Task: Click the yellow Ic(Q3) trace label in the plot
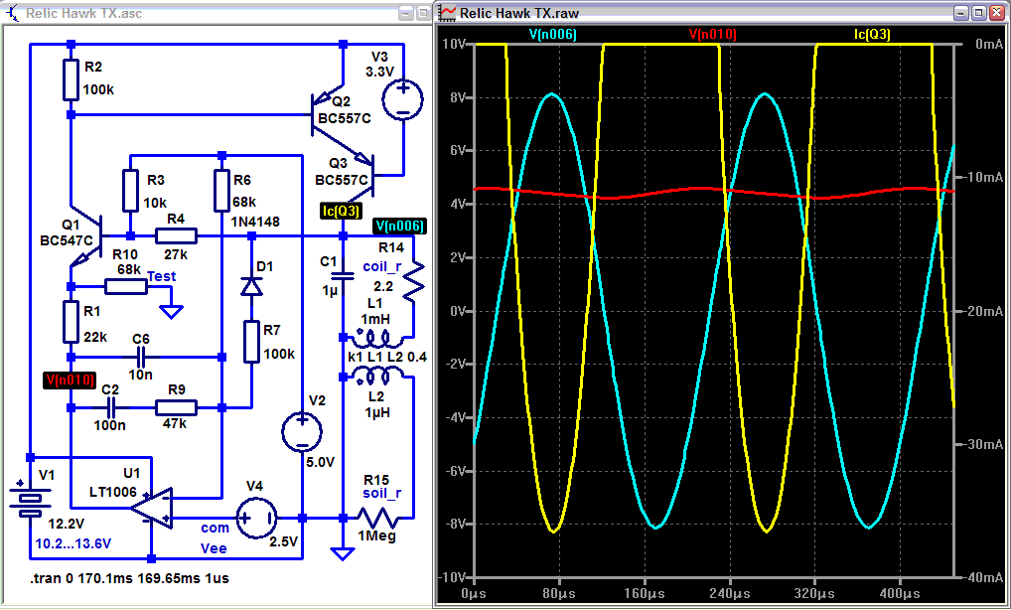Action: pyautogui.click(x=872, y=34)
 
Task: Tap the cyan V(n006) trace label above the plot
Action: pyautogui.click(x=552, y=34)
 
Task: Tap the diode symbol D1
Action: pyautogui.click(x=251, y=286)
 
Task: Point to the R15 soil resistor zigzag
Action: pyautogui.click(x=378, y=518)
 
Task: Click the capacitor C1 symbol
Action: pyautogui.click(x=342, y=274)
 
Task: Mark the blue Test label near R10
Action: pyautogui.click(x=162, y=275)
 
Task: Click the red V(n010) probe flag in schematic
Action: pyautogui.click(x=70, y=380)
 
